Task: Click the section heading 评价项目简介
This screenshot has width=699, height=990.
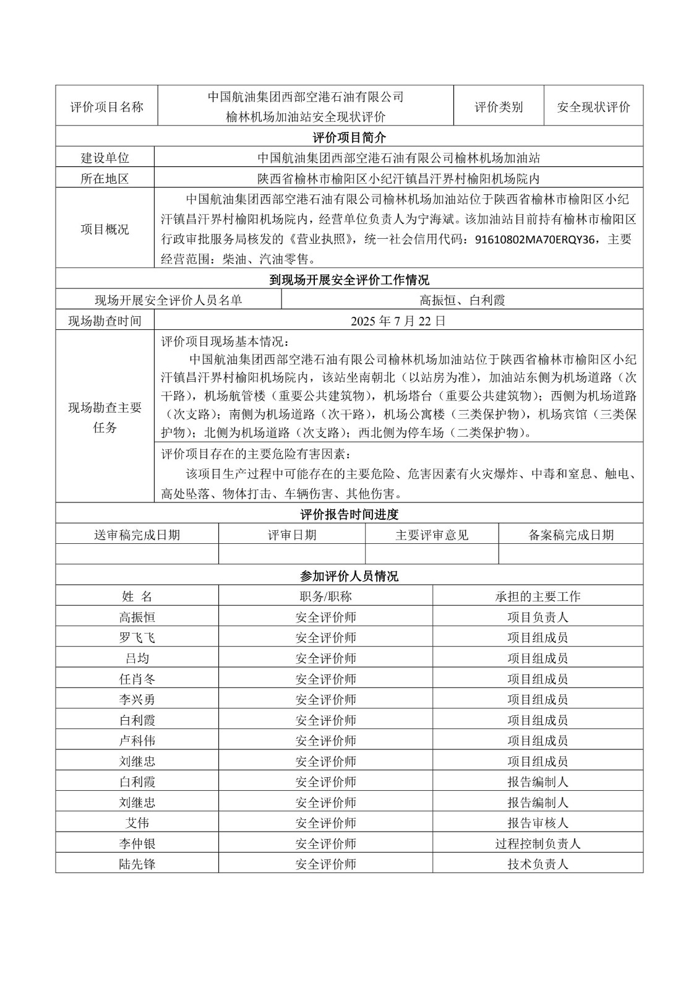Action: pyautogui.click(x=349, y=137)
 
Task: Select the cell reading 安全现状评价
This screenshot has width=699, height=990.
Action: pyautogui.click(x=593, y=106)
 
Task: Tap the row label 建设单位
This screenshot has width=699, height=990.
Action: pyautogui.click(x=105, y=158)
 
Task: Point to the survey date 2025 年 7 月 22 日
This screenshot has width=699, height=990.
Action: pyautogui.click(x=398, y=321)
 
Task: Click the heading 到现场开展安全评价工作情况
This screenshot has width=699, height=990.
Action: pyautogui.click(x=349, y=280)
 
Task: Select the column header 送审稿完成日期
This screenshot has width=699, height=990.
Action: pyautogui.click(x=137, y=535)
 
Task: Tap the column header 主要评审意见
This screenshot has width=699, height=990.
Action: pyautogui.click(x=432, y=535)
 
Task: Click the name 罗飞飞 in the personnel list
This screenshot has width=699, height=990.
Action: pyautogui.click(x=137, y=638)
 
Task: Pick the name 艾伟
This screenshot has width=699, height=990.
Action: pyautogui.click(x=137, y=823)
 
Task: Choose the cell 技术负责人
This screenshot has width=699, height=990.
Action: pyautogui.click(x=538, y=864)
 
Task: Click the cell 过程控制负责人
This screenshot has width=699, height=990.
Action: pyautogui.click(x=538, y=844)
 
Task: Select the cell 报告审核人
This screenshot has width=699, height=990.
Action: pyautogui.click(x=538, y=823)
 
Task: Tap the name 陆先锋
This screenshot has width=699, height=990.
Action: pyautogui.click(x=137, y=864)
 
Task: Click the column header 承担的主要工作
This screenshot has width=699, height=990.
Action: pyautogui.click(x=538, y=596)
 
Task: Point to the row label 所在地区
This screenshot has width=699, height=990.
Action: pyautogui.click(x=105, y=179)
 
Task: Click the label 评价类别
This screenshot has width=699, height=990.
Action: pyautogui.click(x=499, y=106)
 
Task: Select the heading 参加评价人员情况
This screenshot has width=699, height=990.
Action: pyautogui.click(x=349, y=576)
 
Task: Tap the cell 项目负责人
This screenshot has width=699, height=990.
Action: pyautogui.click(x=538, y=617)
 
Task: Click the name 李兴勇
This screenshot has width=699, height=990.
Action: pyautogui.click(x=137, y=700)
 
